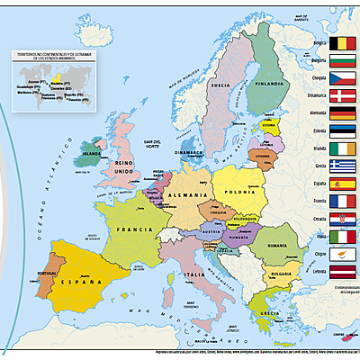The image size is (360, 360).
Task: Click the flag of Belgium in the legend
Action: pos(343,43)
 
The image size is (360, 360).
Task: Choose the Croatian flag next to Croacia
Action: pos(343,220)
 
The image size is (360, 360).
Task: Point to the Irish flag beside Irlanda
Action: pos(343,148)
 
